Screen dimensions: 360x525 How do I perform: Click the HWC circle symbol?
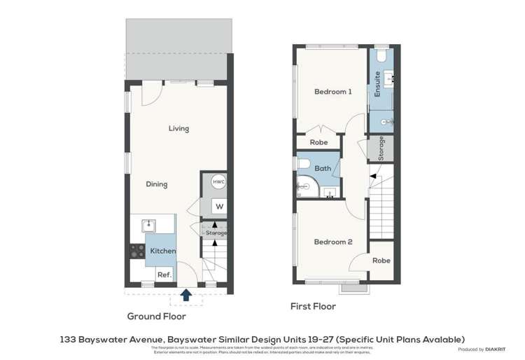point(218,181)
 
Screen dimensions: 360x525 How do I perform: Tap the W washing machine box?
point(218,207)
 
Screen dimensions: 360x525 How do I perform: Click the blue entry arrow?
point(186,295)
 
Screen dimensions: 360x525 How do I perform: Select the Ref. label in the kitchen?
point(164,275)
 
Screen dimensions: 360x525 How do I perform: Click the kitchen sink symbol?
point(148,225)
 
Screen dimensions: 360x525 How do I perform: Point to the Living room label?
point(178,128)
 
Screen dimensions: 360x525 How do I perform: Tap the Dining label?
point(156,184)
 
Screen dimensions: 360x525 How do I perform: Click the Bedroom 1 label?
point(332,92)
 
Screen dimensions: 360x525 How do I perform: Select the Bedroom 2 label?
point(332,242)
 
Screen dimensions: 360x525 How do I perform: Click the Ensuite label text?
point(377,84)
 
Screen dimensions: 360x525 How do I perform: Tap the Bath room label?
point(323,169)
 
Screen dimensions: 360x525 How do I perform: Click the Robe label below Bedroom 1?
point(318,142)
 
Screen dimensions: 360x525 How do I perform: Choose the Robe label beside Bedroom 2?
point(381,260)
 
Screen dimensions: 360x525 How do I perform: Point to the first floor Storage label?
point(381,148)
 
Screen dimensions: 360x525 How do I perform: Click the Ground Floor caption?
point(157,316)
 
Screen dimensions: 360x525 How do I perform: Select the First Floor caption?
point(313,306)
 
